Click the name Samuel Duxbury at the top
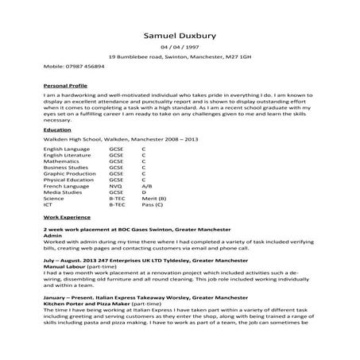point(180,36)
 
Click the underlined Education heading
point(57,128)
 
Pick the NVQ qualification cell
point(116,186)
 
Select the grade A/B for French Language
point(146,186)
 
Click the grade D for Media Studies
point(143,192)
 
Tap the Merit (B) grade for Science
point(153,198)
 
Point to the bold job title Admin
point(52,236)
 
